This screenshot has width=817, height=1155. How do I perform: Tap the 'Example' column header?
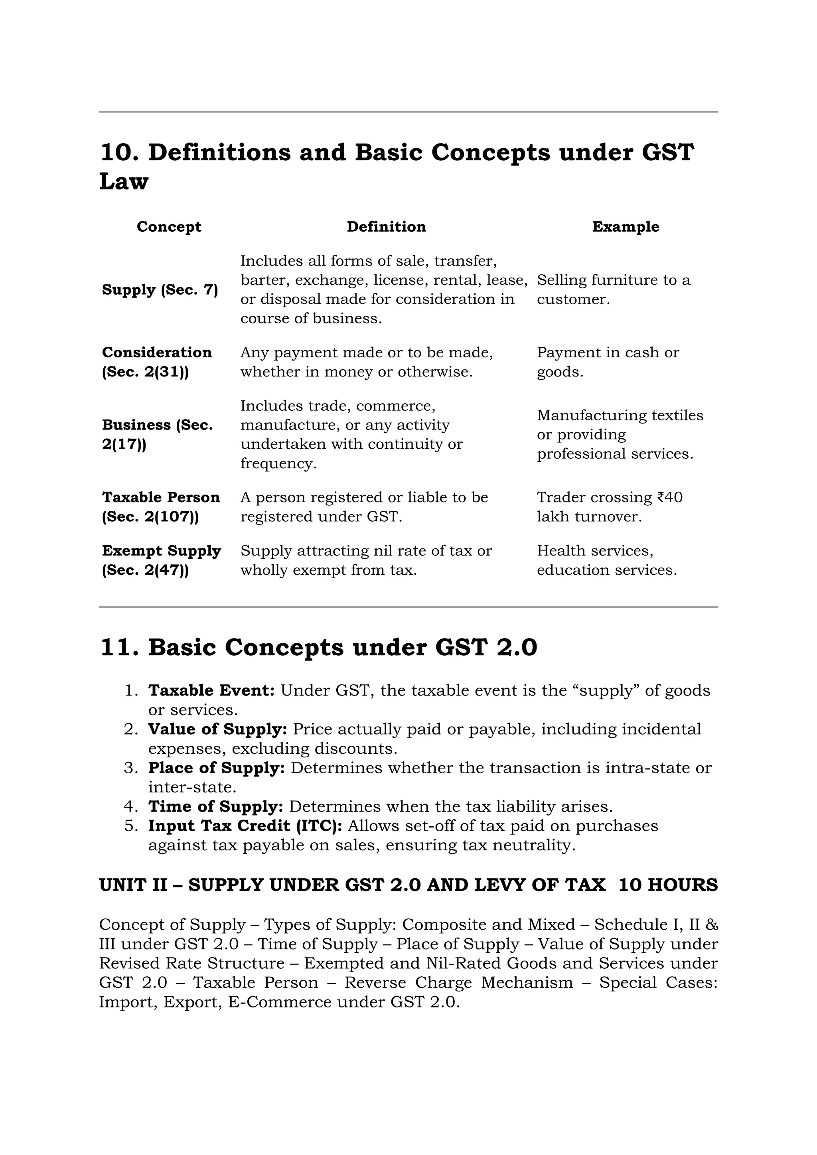(626, 227)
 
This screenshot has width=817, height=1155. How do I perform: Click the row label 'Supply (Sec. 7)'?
(160, 290)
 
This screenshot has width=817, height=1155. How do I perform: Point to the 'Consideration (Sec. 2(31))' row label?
(156, 362)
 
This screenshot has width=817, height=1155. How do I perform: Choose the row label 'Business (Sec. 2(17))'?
(157, 435)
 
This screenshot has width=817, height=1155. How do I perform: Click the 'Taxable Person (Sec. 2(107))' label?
(160, 507)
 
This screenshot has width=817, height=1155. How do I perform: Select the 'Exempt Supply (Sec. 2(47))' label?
(161, 560)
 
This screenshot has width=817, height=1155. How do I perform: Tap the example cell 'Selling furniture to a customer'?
(613, 290)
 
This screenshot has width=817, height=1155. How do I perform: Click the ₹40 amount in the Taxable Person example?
(670, 497)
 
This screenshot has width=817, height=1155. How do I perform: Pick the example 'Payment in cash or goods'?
(607, 362)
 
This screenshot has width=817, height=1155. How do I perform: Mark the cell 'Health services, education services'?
(606, 560)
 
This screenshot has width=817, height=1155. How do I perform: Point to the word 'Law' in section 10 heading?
(124, 181)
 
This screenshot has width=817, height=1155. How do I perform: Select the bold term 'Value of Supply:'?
(217, 729)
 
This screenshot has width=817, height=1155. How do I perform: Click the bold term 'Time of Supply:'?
(215, 807)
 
